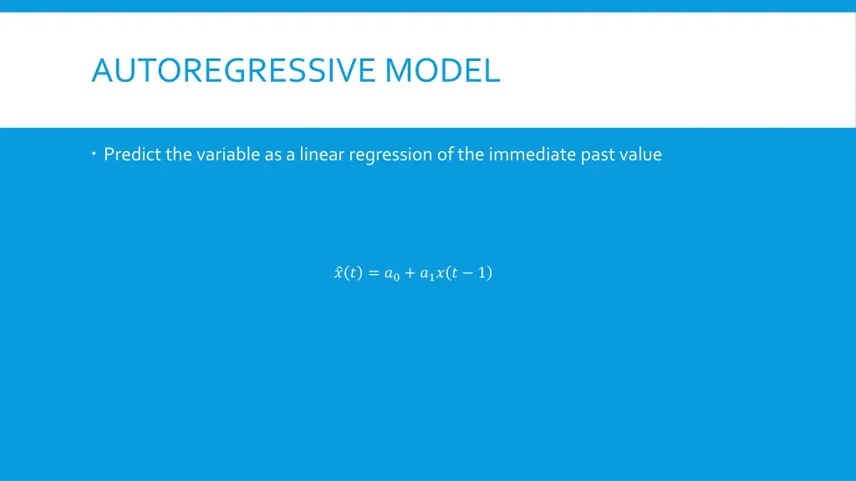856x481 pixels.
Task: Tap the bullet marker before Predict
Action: pyautogui.click(x=95, y=153)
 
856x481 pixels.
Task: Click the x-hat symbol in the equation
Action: pyautogui.click(x=338, y=273)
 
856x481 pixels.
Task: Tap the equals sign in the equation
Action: pyautogui.click(x=373, y=273)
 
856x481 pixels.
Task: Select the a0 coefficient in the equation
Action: pyautogui.click(x=391, y=274)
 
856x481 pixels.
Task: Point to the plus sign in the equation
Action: pyautogui.click(x=410, y=273)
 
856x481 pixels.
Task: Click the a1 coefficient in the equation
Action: pyautogui.click(x=427, y=274)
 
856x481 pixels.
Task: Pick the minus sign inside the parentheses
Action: pyautogui.click(x=468, y=273)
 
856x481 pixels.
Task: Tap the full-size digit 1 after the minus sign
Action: pyautogui.click(x=482, y=273)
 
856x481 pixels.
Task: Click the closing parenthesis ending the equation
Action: pyautogui.click(x=490, y=273)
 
